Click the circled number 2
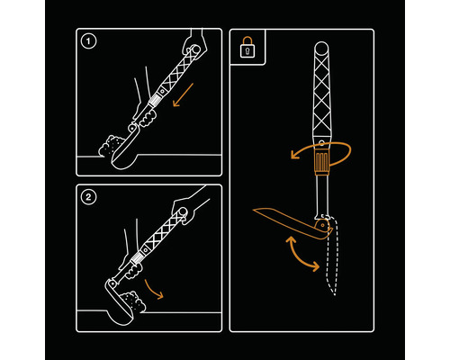pyautogui.click(x=86, y=198)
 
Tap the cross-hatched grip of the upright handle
pyautogui.click(x=322, y=99)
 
